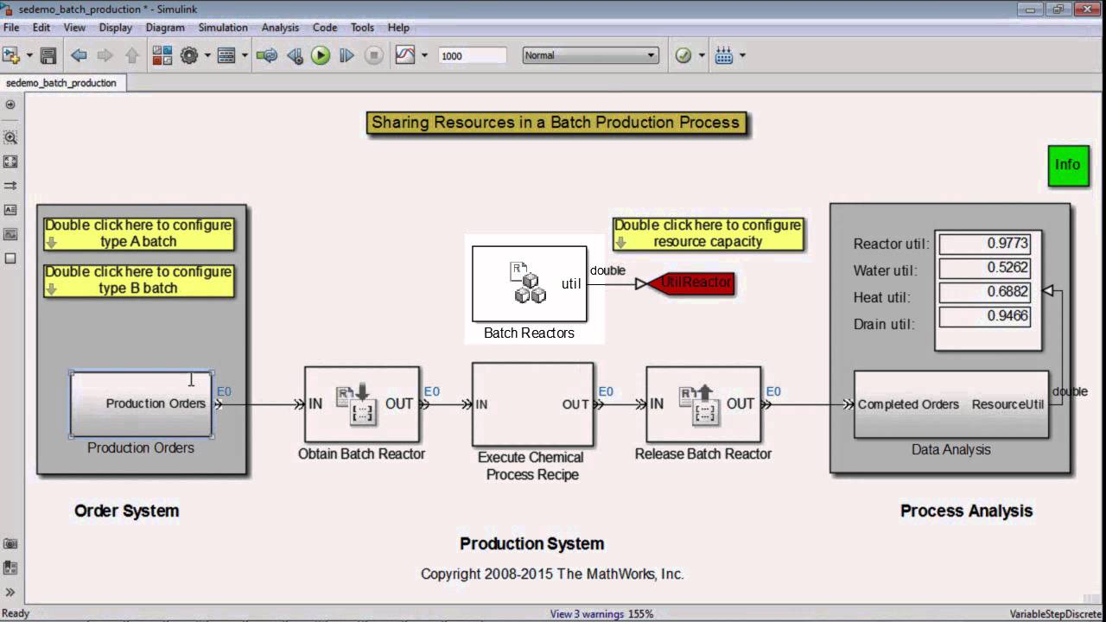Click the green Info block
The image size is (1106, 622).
[x=1068, y=165]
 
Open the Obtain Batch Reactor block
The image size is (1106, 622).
[x=362, y=404]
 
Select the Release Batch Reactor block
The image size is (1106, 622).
[x=703, y=404]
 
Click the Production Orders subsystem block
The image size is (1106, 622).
[x=141, y=403]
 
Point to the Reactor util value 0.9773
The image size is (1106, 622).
[x=984, y=244]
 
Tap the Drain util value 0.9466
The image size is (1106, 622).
[x=984, y=316]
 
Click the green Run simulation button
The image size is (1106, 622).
[x=321, y=55]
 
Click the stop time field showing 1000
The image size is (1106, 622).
[x=471, y=55]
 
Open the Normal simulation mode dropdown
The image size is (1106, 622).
[x=590, y=55]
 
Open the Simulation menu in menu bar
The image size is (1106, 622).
[x=223, y=28]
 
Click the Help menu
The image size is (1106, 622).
[x=398, y=28]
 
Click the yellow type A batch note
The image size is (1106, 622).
[x=138, y=233]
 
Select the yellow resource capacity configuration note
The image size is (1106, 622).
[x=708, y=233]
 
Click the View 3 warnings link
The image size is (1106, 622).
[x=587, y=614]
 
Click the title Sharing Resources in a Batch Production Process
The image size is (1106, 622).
[x=556, y=123]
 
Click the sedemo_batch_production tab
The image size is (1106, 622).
[x=60, y=83]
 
